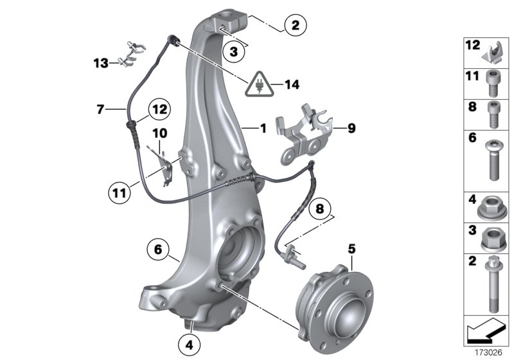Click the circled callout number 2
295,26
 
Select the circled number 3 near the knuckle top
235,51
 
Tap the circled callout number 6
158,248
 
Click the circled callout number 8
319,208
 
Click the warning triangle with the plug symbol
258,85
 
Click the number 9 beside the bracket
351,128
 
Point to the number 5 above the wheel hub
351,247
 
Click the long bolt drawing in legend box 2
492,283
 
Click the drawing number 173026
488,352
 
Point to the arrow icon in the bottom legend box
486,332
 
